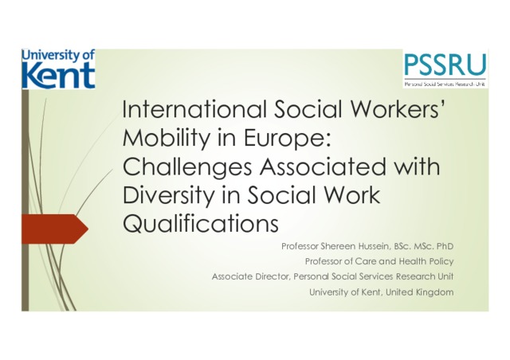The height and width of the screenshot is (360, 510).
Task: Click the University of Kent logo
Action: tap(58, 69)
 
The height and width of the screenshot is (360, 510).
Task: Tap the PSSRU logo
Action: tap(445, 69)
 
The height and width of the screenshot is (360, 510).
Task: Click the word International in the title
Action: tap(194, 109)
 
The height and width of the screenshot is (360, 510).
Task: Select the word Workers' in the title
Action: tap(397, 109)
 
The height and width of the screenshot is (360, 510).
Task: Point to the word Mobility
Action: tap(166, 139)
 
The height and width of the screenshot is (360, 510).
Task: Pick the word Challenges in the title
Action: tap(187, 167)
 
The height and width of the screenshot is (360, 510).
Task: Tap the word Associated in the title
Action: tap(322, 166)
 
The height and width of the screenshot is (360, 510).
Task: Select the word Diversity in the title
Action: tap(168, 196)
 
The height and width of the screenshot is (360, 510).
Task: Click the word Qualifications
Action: tap(200, 224)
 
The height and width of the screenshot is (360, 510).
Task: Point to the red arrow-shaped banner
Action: tap(55, 229)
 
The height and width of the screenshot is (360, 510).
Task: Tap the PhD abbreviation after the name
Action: tap(445, 246)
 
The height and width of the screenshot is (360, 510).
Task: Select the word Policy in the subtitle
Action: tap(441, 261)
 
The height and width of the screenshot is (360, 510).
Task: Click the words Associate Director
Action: tap(250, 276)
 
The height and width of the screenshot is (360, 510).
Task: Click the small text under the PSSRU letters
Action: tap(445, 84)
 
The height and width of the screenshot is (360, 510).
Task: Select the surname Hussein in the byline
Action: tap(374, 246)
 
